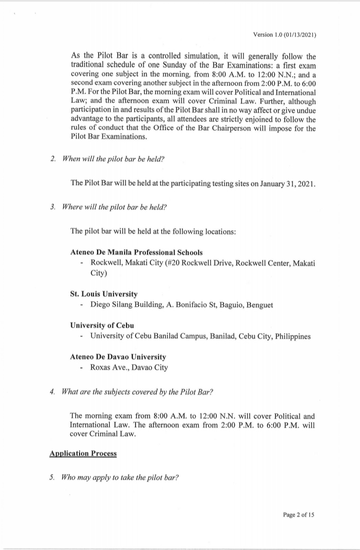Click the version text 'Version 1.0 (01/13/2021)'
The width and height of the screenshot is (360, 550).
[285, 35]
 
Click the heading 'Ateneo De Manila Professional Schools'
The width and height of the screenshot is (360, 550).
[136, 252]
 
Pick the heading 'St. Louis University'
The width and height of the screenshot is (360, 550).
[104, 294]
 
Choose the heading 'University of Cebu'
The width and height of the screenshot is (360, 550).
[99, 326]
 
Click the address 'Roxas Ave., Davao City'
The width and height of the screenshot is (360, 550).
[129, 368]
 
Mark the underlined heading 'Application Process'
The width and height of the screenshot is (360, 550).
[83, 453]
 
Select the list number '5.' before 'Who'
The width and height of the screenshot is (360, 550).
[53, 477]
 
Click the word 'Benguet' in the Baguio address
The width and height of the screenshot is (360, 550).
[258, 305]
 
